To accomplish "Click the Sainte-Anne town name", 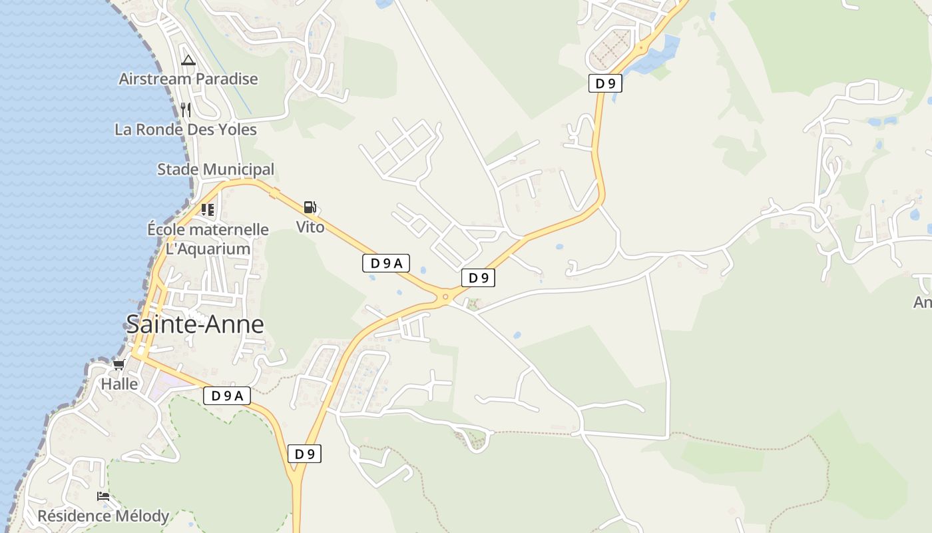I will point(194,324).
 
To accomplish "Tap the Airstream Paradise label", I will point(188,79).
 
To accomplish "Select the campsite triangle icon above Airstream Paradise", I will point(188,61).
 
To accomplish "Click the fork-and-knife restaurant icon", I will point(186,110).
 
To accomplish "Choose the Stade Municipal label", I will point(215,169).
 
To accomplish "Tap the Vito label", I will point(310,227).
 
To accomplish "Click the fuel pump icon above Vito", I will point(310,207).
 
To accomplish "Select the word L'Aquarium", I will point(208,249).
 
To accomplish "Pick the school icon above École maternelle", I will point(208,210).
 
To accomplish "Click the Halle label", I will point(119,384).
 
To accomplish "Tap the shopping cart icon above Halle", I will point(118,364).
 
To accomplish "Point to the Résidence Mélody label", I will point(103,516).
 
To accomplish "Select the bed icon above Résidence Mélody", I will point(103,496).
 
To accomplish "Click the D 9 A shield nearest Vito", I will point(386,263).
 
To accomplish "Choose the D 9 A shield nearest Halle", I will point(227,396).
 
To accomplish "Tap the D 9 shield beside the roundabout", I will point(478,278).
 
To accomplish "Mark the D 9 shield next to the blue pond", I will point(605,83).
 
